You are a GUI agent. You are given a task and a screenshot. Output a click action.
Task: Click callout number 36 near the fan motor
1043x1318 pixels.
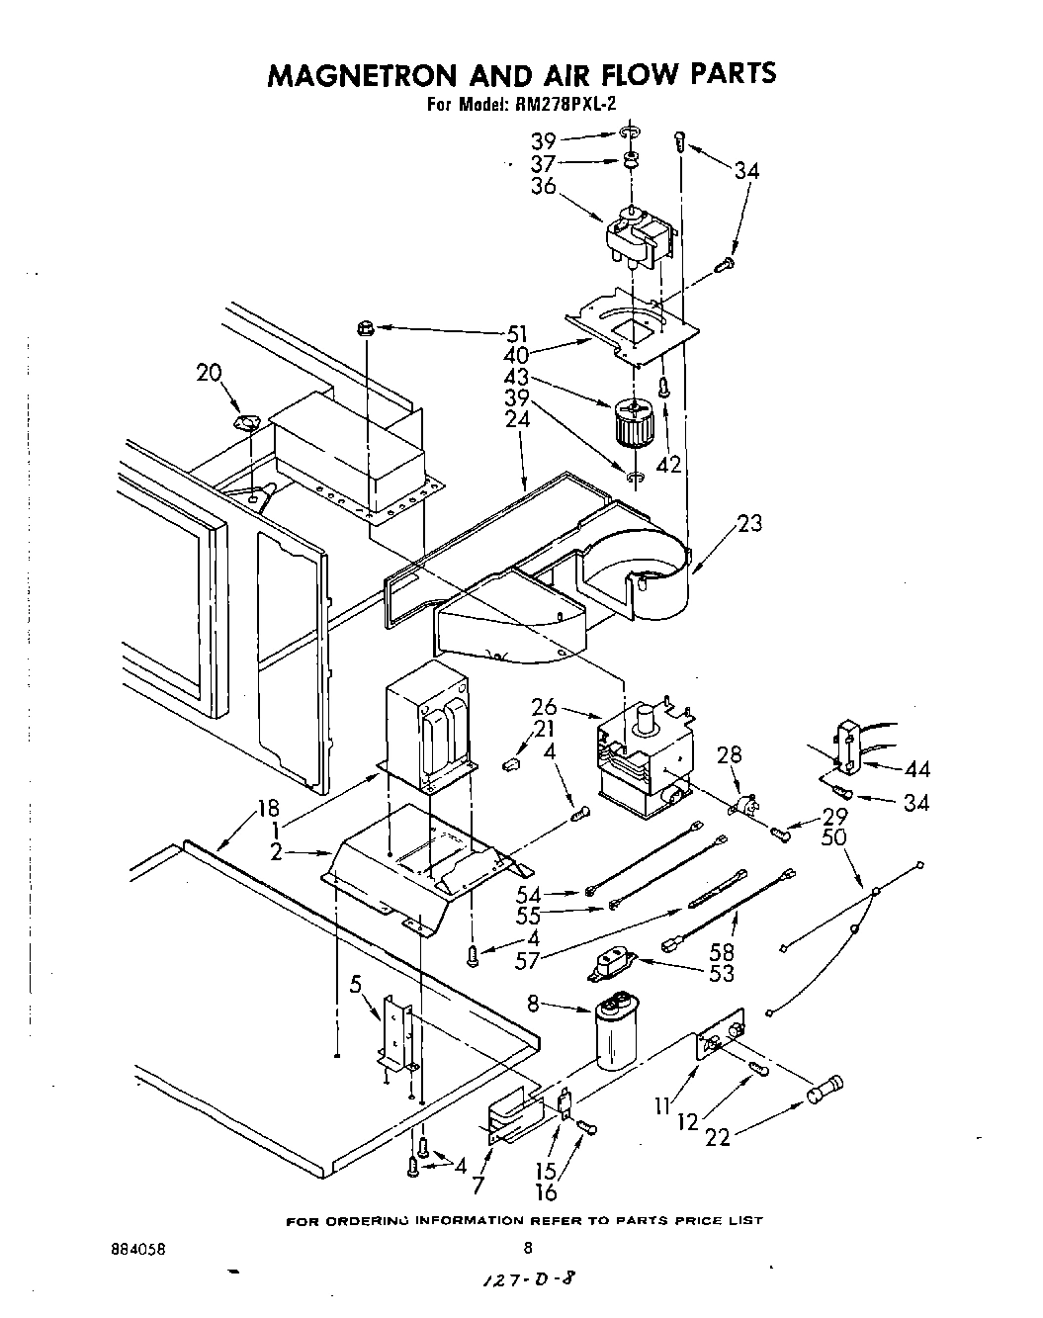pos(543,186)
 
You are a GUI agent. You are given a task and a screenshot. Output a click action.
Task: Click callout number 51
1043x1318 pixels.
pos(517,333)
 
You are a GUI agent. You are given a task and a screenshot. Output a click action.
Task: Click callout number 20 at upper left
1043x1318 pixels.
pos(210,372)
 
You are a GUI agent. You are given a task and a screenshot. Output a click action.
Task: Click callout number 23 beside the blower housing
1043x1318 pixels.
pos(749,523)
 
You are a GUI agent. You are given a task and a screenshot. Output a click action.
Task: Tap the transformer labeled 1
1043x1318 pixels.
pos(430,729)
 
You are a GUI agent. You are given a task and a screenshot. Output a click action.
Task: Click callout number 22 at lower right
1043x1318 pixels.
pos(717,1138)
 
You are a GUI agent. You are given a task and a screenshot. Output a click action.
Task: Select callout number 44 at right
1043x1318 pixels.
pos(916,769)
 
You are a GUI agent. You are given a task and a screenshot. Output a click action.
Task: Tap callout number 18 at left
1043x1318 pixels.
pos(268,807)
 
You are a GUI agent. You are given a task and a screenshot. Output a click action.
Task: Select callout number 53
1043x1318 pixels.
pos(722,973)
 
